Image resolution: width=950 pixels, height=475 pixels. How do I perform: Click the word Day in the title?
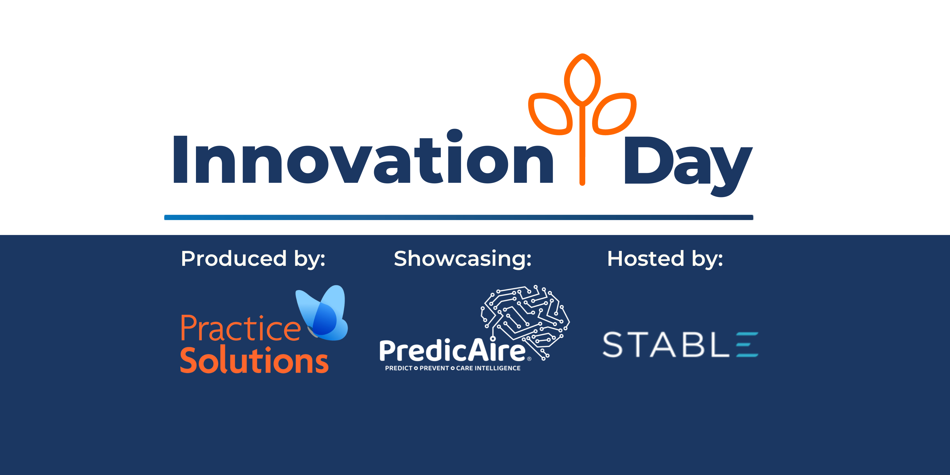[x=688, y=166]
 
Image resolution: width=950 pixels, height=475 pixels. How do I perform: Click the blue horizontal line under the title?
[x=459, y=218]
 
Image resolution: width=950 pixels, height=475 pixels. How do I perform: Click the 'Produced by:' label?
[x=253, y=259]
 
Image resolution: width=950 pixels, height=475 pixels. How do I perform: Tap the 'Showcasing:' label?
[x=462, y=259]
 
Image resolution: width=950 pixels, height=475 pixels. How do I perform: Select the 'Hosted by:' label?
[x=665, y=259]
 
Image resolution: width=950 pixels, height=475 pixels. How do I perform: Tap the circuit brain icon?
[x=525, y=321]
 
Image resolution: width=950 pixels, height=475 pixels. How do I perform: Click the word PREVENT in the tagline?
[x=434, y=368]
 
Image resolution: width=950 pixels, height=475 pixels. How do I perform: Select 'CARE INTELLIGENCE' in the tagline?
[x=488, y=368]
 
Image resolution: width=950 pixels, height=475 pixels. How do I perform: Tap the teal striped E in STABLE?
[x=747, y=344]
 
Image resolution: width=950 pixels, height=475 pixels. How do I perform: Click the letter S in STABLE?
[x=612, y=344]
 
